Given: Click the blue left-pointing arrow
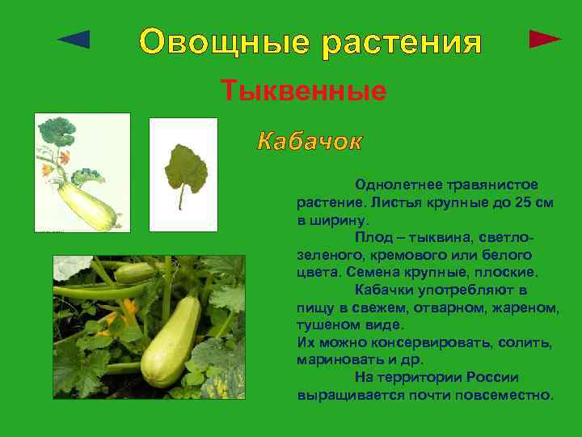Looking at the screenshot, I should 74,38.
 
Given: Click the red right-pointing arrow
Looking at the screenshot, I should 545,38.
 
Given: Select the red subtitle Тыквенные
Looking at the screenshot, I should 304,91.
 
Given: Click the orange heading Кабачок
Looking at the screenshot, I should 310,142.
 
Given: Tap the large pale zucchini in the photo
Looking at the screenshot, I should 172,340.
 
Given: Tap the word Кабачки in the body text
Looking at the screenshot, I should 386,290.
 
